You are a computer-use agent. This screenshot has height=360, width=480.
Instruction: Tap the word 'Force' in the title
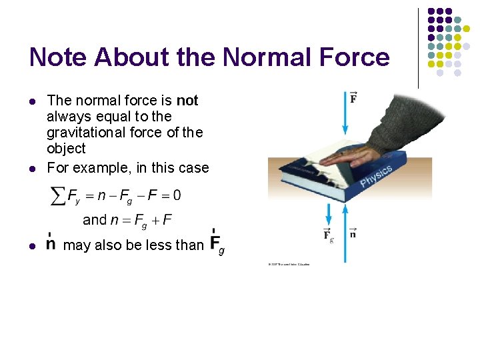pos(352,57)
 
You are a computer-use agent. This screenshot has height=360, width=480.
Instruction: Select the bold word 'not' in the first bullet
pos(187,101)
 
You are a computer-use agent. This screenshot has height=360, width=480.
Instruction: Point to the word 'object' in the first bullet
pos(67,148)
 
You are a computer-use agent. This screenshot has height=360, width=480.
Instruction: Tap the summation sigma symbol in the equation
pos(58,196)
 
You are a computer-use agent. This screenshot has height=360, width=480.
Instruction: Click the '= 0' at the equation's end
pos(171,195)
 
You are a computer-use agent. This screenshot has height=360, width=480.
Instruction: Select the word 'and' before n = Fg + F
pos(94,219)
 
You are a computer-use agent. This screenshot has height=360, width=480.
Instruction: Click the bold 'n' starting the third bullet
pos(51,244)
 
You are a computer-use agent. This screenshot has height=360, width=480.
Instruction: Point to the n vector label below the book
pos(353,234)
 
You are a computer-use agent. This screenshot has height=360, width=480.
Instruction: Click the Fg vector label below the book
pos(328,235)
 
